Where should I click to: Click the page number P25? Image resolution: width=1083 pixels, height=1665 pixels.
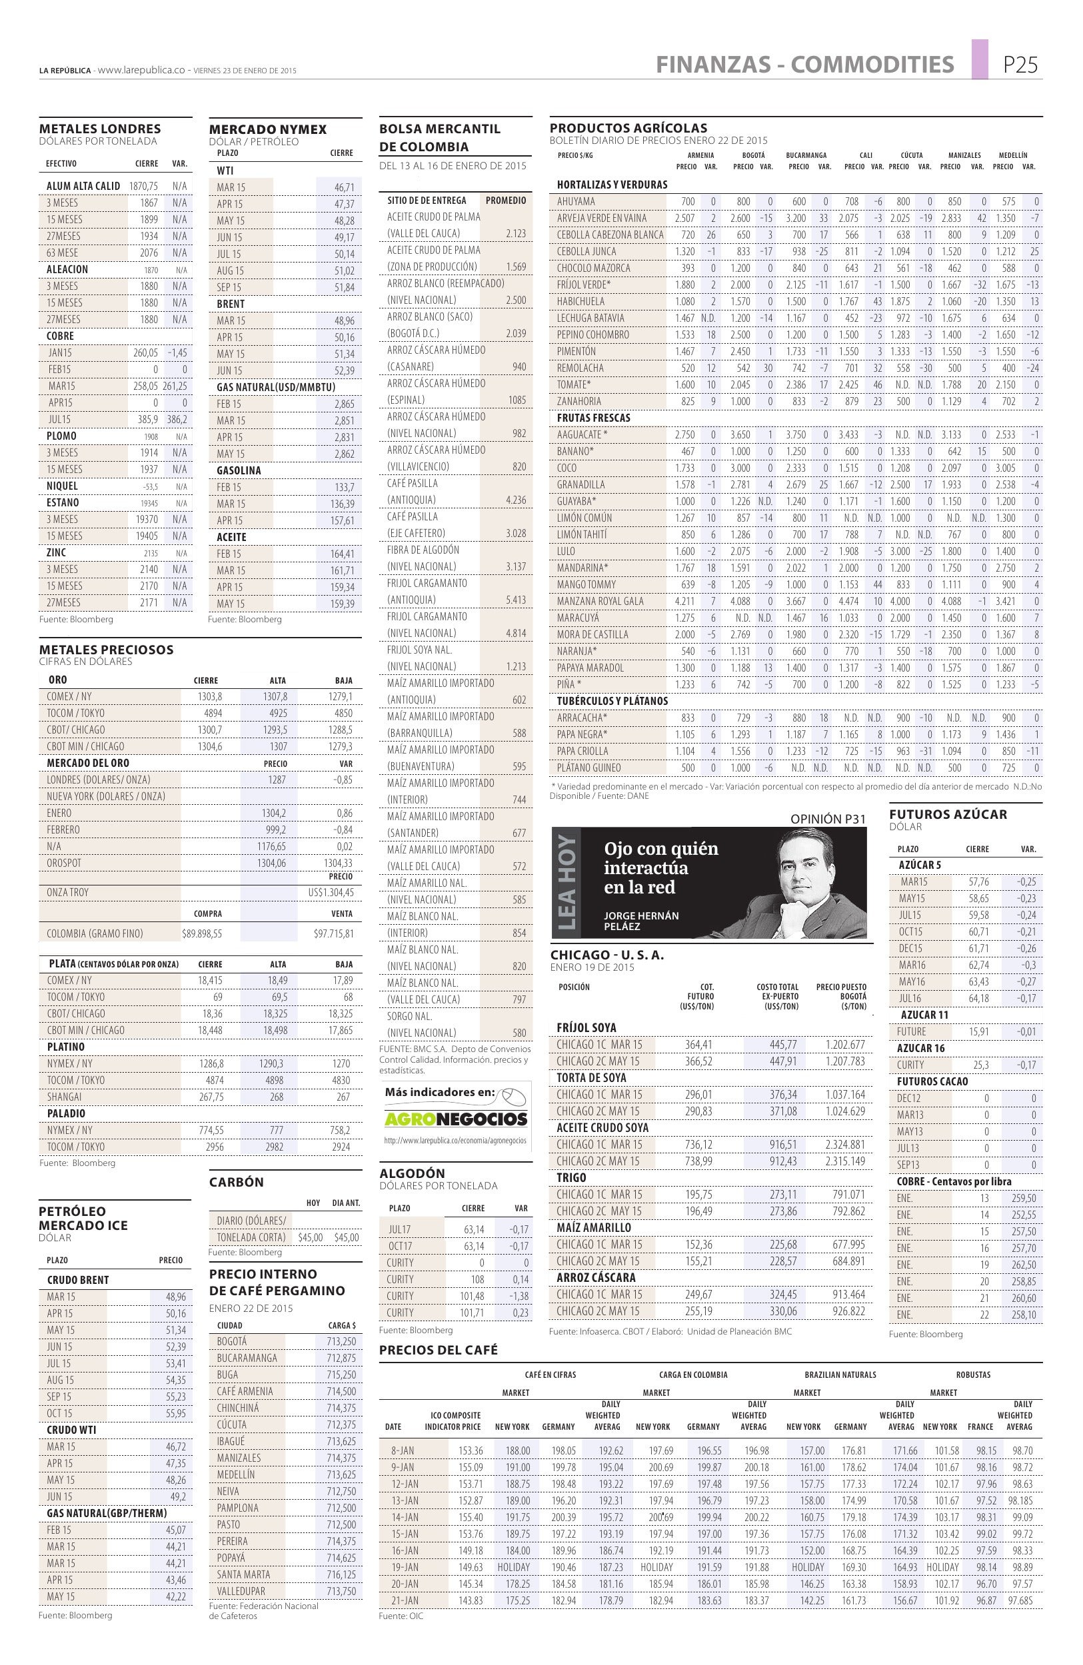(x=1020, y=65)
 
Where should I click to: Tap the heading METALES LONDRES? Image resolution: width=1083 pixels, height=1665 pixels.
(x=100, y=129)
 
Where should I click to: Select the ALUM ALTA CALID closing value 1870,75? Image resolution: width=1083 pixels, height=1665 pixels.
(x=143, y=186)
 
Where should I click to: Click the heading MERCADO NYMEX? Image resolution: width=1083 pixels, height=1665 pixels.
(x=268, y=129)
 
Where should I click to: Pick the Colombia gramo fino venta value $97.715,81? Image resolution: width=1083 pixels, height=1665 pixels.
(x=334, y=934)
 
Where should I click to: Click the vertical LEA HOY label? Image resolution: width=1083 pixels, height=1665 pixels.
(x=565, y=883)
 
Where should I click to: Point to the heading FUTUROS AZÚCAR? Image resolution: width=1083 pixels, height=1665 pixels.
(x=948, y=814)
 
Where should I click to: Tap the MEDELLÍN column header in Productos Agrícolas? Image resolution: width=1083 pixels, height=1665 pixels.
(x=1012, y=155)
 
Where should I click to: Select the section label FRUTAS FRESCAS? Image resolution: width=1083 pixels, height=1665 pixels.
(x=593, y=418)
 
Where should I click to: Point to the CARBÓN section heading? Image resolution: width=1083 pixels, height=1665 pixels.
(x=237, y=1182)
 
